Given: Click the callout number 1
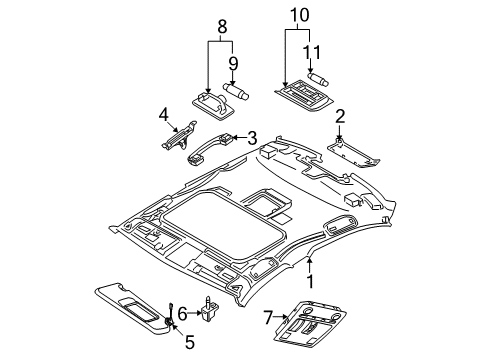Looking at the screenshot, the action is (310, 282).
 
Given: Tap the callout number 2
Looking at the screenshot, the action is (340, 117).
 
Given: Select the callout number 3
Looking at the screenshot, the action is (252, 138).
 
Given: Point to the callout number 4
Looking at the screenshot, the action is (164, 115).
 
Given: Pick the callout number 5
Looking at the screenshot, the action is (190, 342).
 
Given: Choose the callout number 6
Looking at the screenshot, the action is (182, 313).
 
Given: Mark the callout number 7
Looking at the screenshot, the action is (268, 318).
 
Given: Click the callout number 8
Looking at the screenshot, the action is (222, 27).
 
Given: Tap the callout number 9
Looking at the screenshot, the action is (233, 63).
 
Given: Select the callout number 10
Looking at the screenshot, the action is (300, 15).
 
